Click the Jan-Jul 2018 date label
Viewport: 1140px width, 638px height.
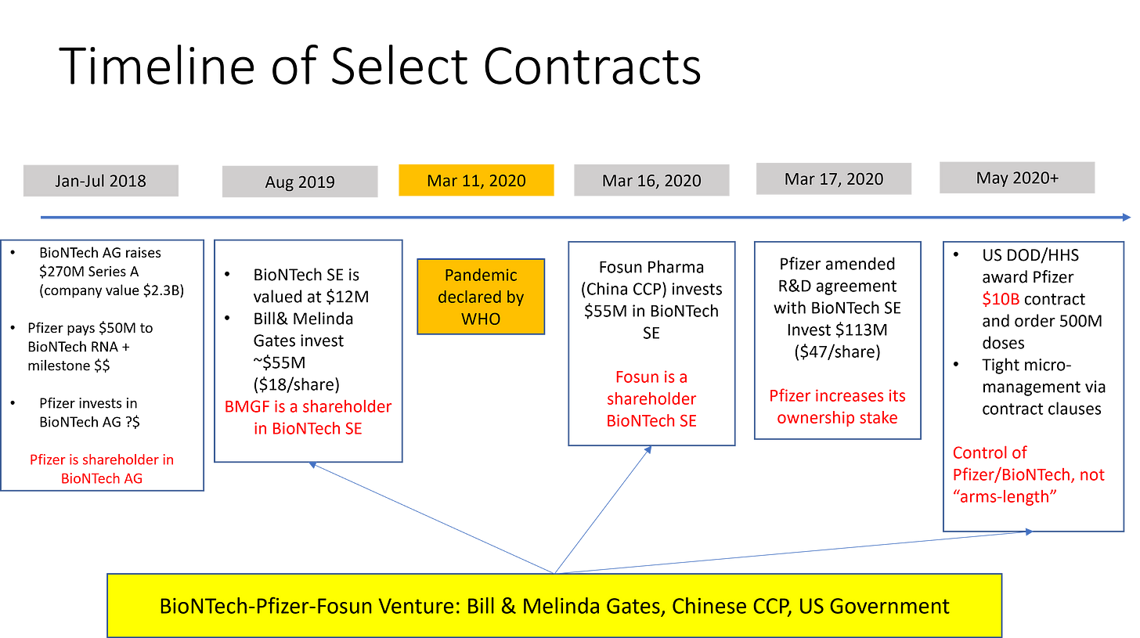pos(100,181)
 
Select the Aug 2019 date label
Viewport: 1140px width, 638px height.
pos(300,182)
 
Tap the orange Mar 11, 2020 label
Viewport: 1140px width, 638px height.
pos(476,181)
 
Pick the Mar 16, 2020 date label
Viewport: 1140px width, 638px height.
pos(651,181)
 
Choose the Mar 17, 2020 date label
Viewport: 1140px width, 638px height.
pos(834,179)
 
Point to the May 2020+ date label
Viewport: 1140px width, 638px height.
pos(1017,178)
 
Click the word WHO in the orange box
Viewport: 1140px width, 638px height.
pos(481,319)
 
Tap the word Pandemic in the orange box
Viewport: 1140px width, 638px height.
pos(481,276)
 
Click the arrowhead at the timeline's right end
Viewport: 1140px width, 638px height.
pos(1127,217)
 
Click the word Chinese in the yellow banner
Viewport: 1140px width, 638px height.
pos(699,606)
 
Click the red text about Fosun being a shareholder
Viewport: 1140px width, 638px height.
pos(651,398)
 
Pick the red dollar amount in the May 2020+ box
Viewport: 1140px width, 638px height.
pos(1001,299)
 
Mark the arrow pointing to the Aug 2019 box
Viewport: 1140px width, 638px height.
pos(431,517)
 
